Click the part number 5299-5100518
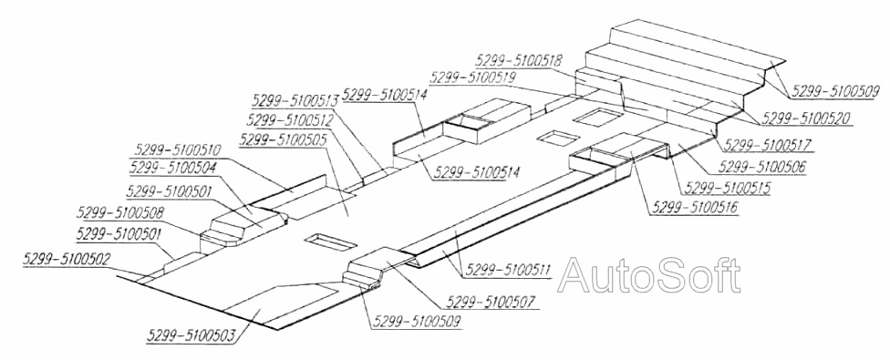520,61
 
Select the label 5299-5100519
472,78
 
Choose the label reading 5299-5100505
283,139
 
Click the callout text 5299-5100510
178,150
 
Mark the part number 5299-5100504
172,169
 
